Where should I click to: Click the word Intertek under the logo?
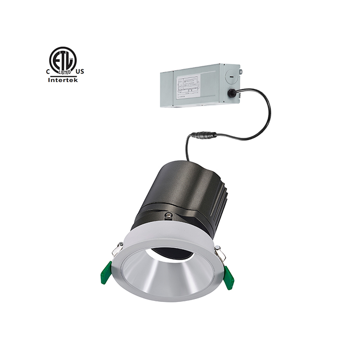click(x=63, y=80)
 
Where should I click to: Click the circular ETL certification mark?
click(x=63, y=60)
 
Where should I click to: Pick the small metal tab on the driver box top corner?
click(x=240, y=72)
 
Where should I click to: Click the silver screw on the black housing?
click(x=168, y=216)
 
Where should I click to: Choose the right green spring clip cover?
click(x=228, y=277)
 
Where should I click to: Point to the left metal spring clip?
click(x=117, y=249)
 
